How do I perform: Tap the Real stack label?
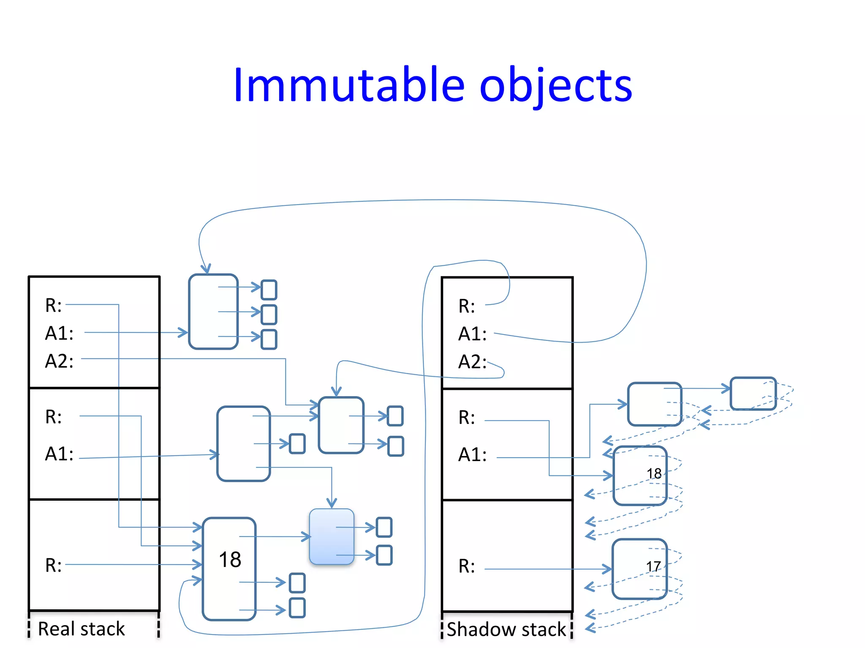(x=82, y=629)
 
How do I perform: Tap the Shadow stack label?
(x=506, y=629)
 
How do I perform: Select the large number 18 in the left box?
(x=230, y=560)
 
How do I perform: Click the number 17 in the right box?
(x=653, y=566)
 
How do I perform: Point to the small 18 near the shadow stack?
(x=654, y=473)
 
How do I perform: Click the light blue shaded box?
(x=331, y=537)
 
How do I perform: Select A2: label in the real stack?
(x=59, y=361)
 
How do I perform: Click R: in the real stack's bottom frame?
(x=54, y=565)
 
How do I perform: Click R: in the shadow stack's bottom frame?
(x=467, y=566)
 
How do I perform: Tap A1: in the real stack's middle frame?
(x=59, y=454)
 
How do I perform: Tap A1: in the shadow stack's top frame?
(x=472, y=334)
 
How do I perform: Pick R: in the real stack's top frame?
(x=54, y=305)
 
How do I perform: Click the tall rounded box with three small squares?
(x=213, y=312)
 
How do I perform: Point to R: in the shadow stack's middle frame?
(x=467, y=417)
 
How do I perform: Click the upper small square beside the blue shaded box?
(x=384, y=527)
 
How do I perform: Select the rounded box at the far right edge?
(x=753, y=393)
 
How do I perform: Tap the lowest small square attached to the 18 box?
(x=297, y=608)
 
